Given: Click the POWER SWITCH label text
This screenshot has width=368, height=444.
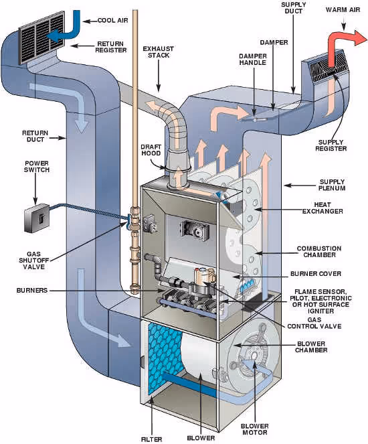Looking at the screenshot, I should tap(37, 166).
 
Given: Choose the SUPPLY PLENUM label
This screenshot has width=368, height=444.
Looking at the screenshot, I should tap(332, 186).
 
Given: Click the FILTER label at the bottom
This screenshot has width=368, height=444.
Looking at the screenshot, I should tap(151, 439).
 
